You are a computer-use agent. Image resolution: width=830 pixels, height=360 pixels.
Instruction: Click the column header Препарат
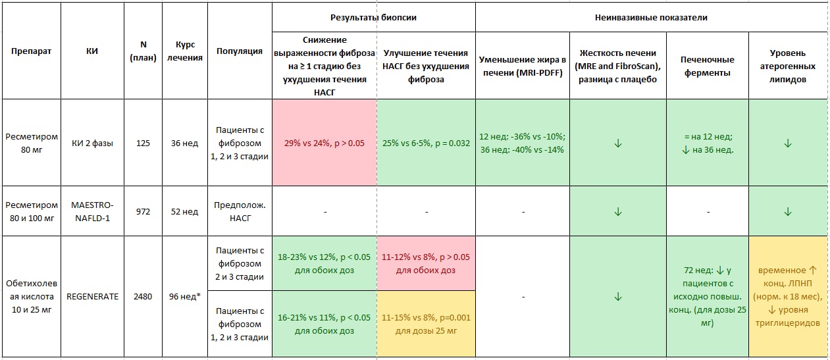point(31,51)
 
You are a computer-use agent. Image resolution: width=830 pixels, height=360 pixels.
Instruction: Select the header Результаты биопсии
point(373,17)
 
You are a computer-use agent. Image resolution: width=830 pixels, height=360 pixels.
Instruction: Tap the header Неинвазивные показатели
point(651,17)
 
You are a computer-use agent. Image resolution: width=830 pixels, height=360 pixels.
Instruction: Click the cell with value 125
point(143,143)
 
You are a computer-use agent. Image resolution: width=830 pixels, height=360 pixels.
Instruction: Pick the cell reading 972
point(143,211)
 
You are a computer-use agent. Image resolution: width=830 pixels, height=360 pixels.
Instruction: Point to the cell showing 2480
point(143,297)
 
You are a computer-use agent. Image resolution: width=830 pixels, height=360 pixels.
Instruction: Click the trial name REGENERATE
point(92,297)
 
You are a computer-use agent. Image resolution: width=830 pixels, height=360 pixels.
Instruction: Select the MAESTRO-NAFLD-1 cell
point(92,211)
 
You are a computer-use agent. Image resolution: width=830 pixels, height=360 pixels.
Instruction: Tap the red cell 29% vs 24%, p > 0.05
point(324,143)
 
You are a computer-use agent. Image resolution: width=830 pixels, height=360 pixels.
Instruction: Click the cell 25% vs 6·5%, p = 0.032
point(426,143)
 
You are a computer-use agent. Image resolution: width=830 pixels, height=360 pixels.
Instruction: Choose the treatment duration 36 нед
point(184,143)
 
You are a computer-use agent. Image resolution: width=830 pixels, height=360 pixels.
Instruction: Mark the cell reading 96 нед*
point(184,297)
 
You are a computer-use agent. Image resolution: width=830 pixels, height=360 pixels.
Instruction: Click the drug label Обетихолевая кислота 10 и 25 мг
point(32,296)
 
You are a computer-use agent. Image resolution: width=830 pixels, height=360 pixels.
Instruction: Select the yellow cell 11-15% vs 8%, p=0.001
point(426,324)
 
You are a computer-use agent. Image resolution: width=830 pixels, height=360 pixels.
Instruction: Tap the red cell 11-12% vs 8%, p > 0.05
point(426,263)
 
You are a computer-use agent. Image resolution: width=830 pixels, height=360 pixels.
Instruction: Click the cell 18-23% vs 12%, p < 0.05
point(324,263)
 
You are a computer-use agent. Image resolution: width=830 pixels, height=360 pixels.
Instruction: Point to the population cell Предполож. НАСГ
point(240,211)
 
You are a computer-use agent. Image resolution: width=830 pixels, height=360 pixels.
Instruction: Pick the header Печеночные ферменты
point(708,66)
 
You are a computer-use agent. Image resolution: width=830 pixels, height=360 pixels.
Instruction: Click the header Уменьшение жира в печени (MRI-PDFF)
point(523,66)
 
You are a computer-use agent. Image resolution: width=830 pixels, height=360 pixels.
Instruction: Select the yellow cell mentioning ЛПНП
point(788,297)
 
